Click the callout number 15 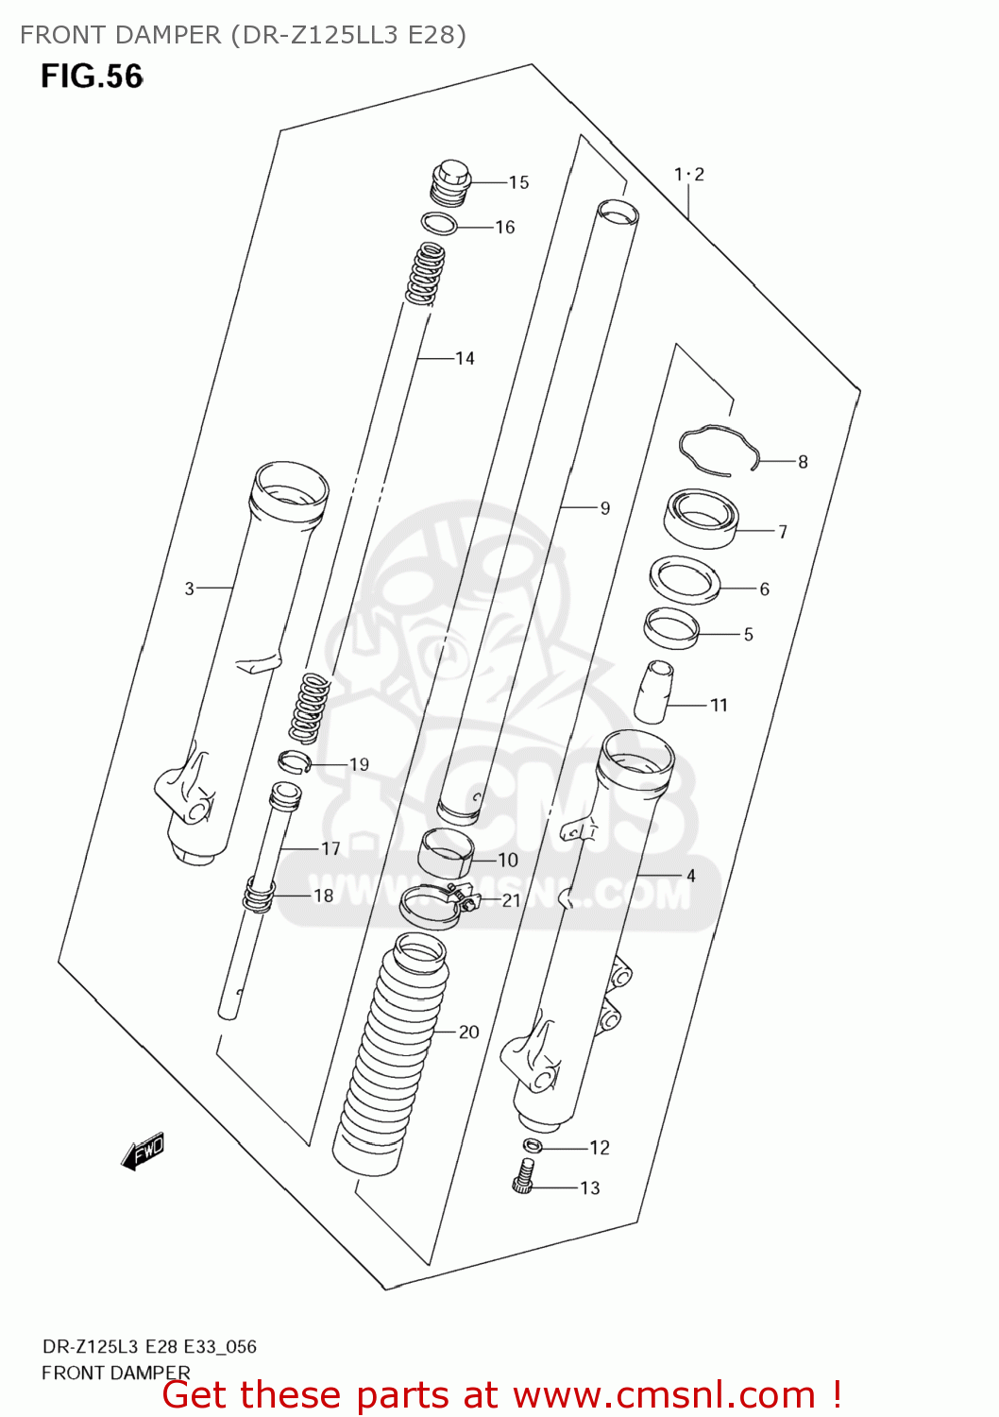[x=518, y=182]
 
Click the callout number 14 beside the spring [x=465, y=358]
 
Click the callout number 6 [x=764, y=589]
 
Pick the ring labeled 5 [x=671, y=627]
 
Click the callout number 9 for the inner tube [x=605, y=508]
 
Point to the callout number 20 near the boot [x=469, y=1033]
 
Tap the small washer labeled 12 [x=533, y=1146]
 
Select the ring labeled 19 [x=294, y=760]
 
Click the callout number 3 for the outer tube [x=189, y=589]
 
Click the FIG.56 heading [x=92, y=76]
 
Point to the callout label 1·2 [x=688, y=174]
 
